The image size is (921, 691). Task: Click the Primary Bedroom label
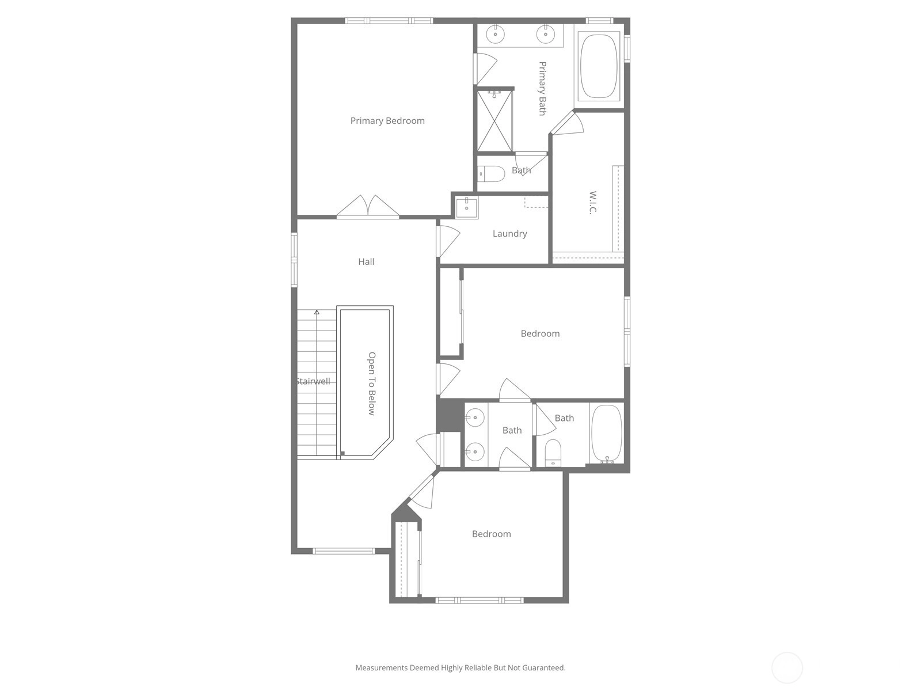click(x=387, y=121)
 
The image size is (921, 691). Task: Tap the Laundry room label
click(x=510, y=234)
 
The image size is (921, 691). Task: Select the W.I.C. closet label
click(x=592, y=203)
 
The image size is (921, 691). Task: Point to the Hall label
click(x=366, y=262)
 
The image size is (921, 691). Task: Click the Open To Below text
click(x=372, y=384)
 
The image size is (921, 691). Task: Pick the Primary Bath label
click(x=542, y=89)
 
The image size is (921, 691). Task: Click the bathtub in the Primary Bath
click(x=599, y=66)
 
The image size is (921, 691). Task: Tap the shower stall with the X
click(x=494, y=121)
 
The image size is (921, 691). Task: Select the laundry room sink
click(x=467, y=208)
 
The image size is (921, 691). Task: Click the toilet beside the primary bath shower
click(x=492, y=174)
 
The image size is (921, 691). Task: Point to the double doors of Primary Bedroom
click(x=368, y=206)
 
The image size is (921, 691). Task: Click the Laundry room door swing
click(x=449, y=241)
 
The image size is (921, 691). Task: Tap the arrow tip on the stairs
click(x=317, y=312)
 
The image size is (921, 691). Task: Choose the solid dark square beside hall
click(x=450, y=415)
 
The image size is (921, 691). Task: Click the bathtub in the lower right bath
click(x=607, y=434)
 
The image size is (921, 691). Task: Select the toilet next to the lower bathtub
click(x=553, y=453)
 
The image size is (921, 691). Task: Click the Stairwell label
click(x=314, y=381)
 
